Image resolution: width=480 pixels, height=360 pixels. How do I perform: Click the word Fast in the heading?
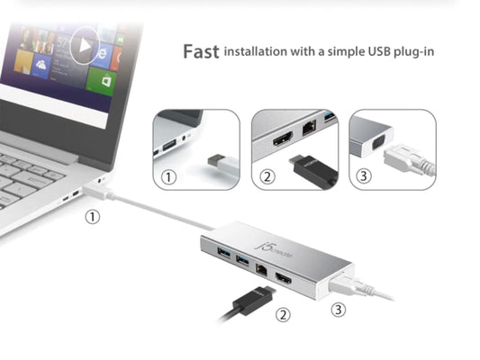pos(201,51)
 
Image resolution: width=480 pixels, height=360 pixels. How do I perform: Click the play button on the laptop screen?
pos(85,46)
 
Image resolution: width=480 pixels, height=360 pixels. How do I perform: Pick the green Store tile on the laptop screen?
pos(102,81)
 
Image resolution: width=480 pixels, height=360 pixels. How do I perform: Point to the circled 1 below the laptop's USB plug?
pos(93,217)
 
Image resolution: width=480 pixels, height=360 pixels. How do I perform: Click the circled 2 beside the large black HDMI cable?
pos(283,314)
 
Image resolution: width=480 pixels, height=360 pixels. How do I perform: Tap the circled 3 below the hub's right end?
pos(339,310)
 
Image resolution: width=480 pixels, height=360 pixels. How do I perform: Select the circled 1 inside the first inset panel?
pos(168,177)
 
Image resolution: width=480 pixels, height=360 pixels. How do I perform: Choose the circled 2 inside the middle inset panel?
pos(267,176)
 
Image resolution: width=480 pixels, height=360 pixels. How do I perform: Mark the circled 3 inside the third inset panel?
pos(364,175)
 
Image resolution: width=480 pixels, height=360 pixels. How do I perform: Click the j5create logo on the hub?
pos(274,249)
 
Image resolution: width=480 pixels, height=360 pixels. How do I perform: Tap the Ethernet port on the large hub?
pos(261,270)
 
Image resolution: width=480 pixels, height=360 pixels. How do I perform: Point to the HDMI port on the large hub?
pos(284,278)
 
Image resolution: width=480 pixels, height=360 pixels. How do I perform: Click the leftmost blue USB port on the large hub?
pos(223,253)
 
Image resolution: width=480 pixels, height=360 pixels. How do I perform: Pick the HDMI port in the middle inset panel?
pos(283,139)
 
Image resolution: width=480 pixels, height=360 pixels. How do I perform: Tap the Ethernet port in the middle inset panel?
pos(309,127)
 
